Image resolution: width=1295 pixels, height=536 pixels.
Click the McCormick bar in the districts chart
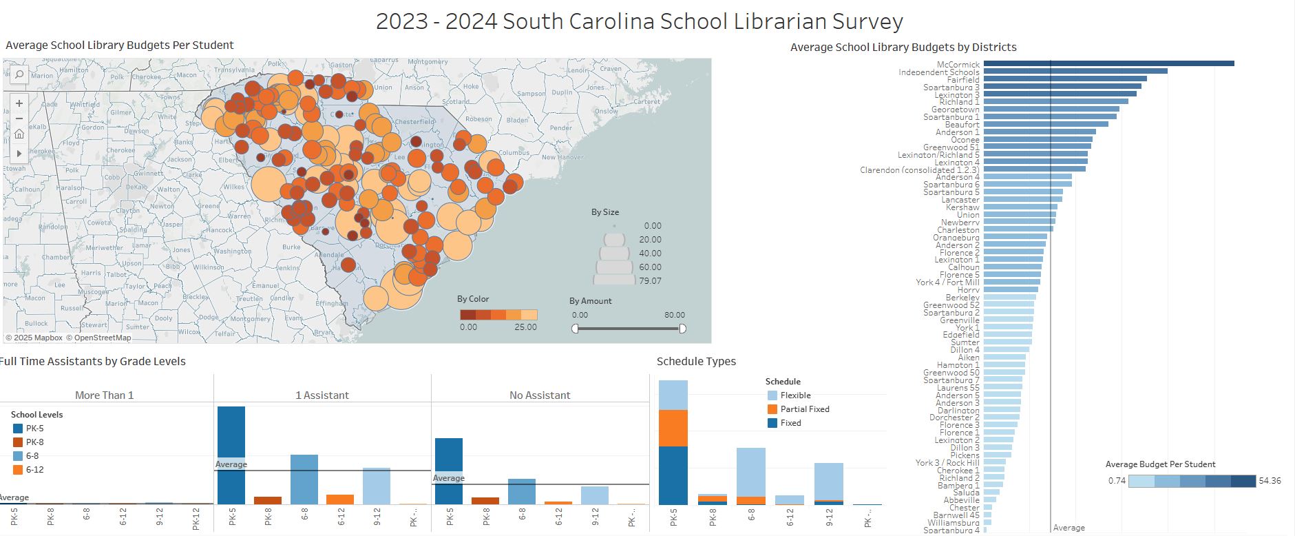(x=1108, y=63)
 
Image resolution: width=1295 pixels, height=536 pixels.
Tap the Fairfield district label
(x=962, y=80)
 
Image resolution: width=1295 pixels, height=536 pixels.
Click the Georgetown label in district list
(x=955, y=110)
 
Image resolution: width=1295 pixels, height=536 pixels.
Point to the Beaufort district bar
(x=1046, y=124)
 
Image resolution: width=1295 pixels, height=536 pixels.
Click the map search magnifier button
(x=19, y=74)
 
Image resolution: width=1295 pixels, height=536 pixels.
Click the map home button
(x=19, y=134)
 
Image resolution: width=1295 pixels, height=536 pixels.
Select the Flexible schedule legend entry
(x=795, y=395)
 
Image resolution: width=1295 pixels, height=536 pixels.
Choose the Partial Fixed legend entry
(x=804, y=409)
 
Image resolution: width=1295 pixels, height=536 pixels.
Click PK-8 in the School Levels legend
(x=34, y=442)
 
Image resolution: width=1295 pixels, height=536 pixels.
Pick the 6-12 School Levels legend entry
(x=34, y=470)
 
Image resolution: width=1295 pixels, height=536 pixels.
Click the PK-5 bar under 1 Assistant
(x=231, y=455)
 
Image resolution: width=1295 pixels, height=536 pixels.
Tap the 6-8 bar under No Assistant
(x=522, y=491)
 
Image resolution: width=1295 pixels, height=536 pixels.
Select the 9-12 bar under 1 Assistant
(x=377, y=486)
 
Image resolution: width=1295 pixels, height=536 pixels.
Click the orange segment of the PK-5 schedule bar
(x=673, y=428)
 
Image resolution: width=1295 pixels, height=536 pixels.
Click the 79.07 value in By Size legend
(x=650, y=281)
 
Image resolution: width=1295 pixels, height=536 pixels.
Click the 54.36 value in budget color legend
(x=1270, y=481)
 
